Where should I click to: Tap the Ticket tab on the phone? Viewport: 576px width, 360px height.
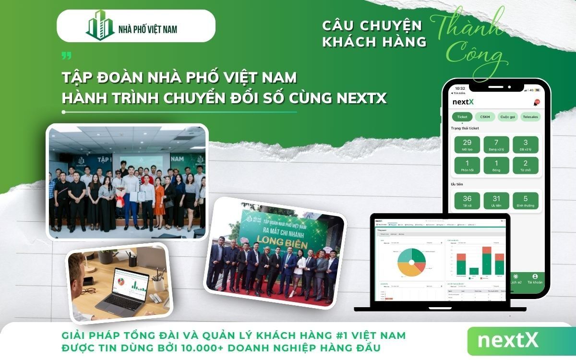[x=462, y=117]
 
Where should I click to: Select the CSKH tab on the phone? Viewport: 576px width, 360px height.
[x=485, y=117]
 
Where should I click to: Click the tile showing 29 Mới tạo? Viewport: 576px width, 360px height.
[x=467, y=144]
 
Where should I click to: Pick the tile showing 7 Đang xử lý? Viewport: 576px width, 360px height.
[x=496, y=144]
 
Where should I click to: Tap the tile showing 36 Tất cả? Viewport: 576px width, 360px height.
[x=467, y=201]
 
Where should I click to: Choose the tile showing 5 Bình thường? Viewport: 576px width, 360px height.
[x=526, y=201]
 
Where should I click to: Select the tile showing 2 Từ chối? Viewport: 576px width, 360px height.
[x=526, y=165]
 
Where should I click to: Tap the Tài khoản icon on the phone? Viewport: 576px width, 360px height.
[x=535, y=279]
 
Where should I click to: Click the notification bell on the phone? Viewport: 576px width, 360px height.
[x=535, y=102]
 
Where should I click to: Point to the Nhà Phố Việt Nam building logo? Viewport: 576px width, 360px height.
[x=100, y=25]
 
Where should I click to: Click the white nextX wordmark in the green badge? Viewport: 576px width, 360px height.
[x=508, y=340]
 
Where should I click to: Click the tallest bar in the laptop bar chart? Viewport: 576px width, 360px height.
[x=487, y=262]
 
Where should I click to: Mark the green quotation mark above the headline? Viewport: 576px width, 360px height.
[x=66, y=56]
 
